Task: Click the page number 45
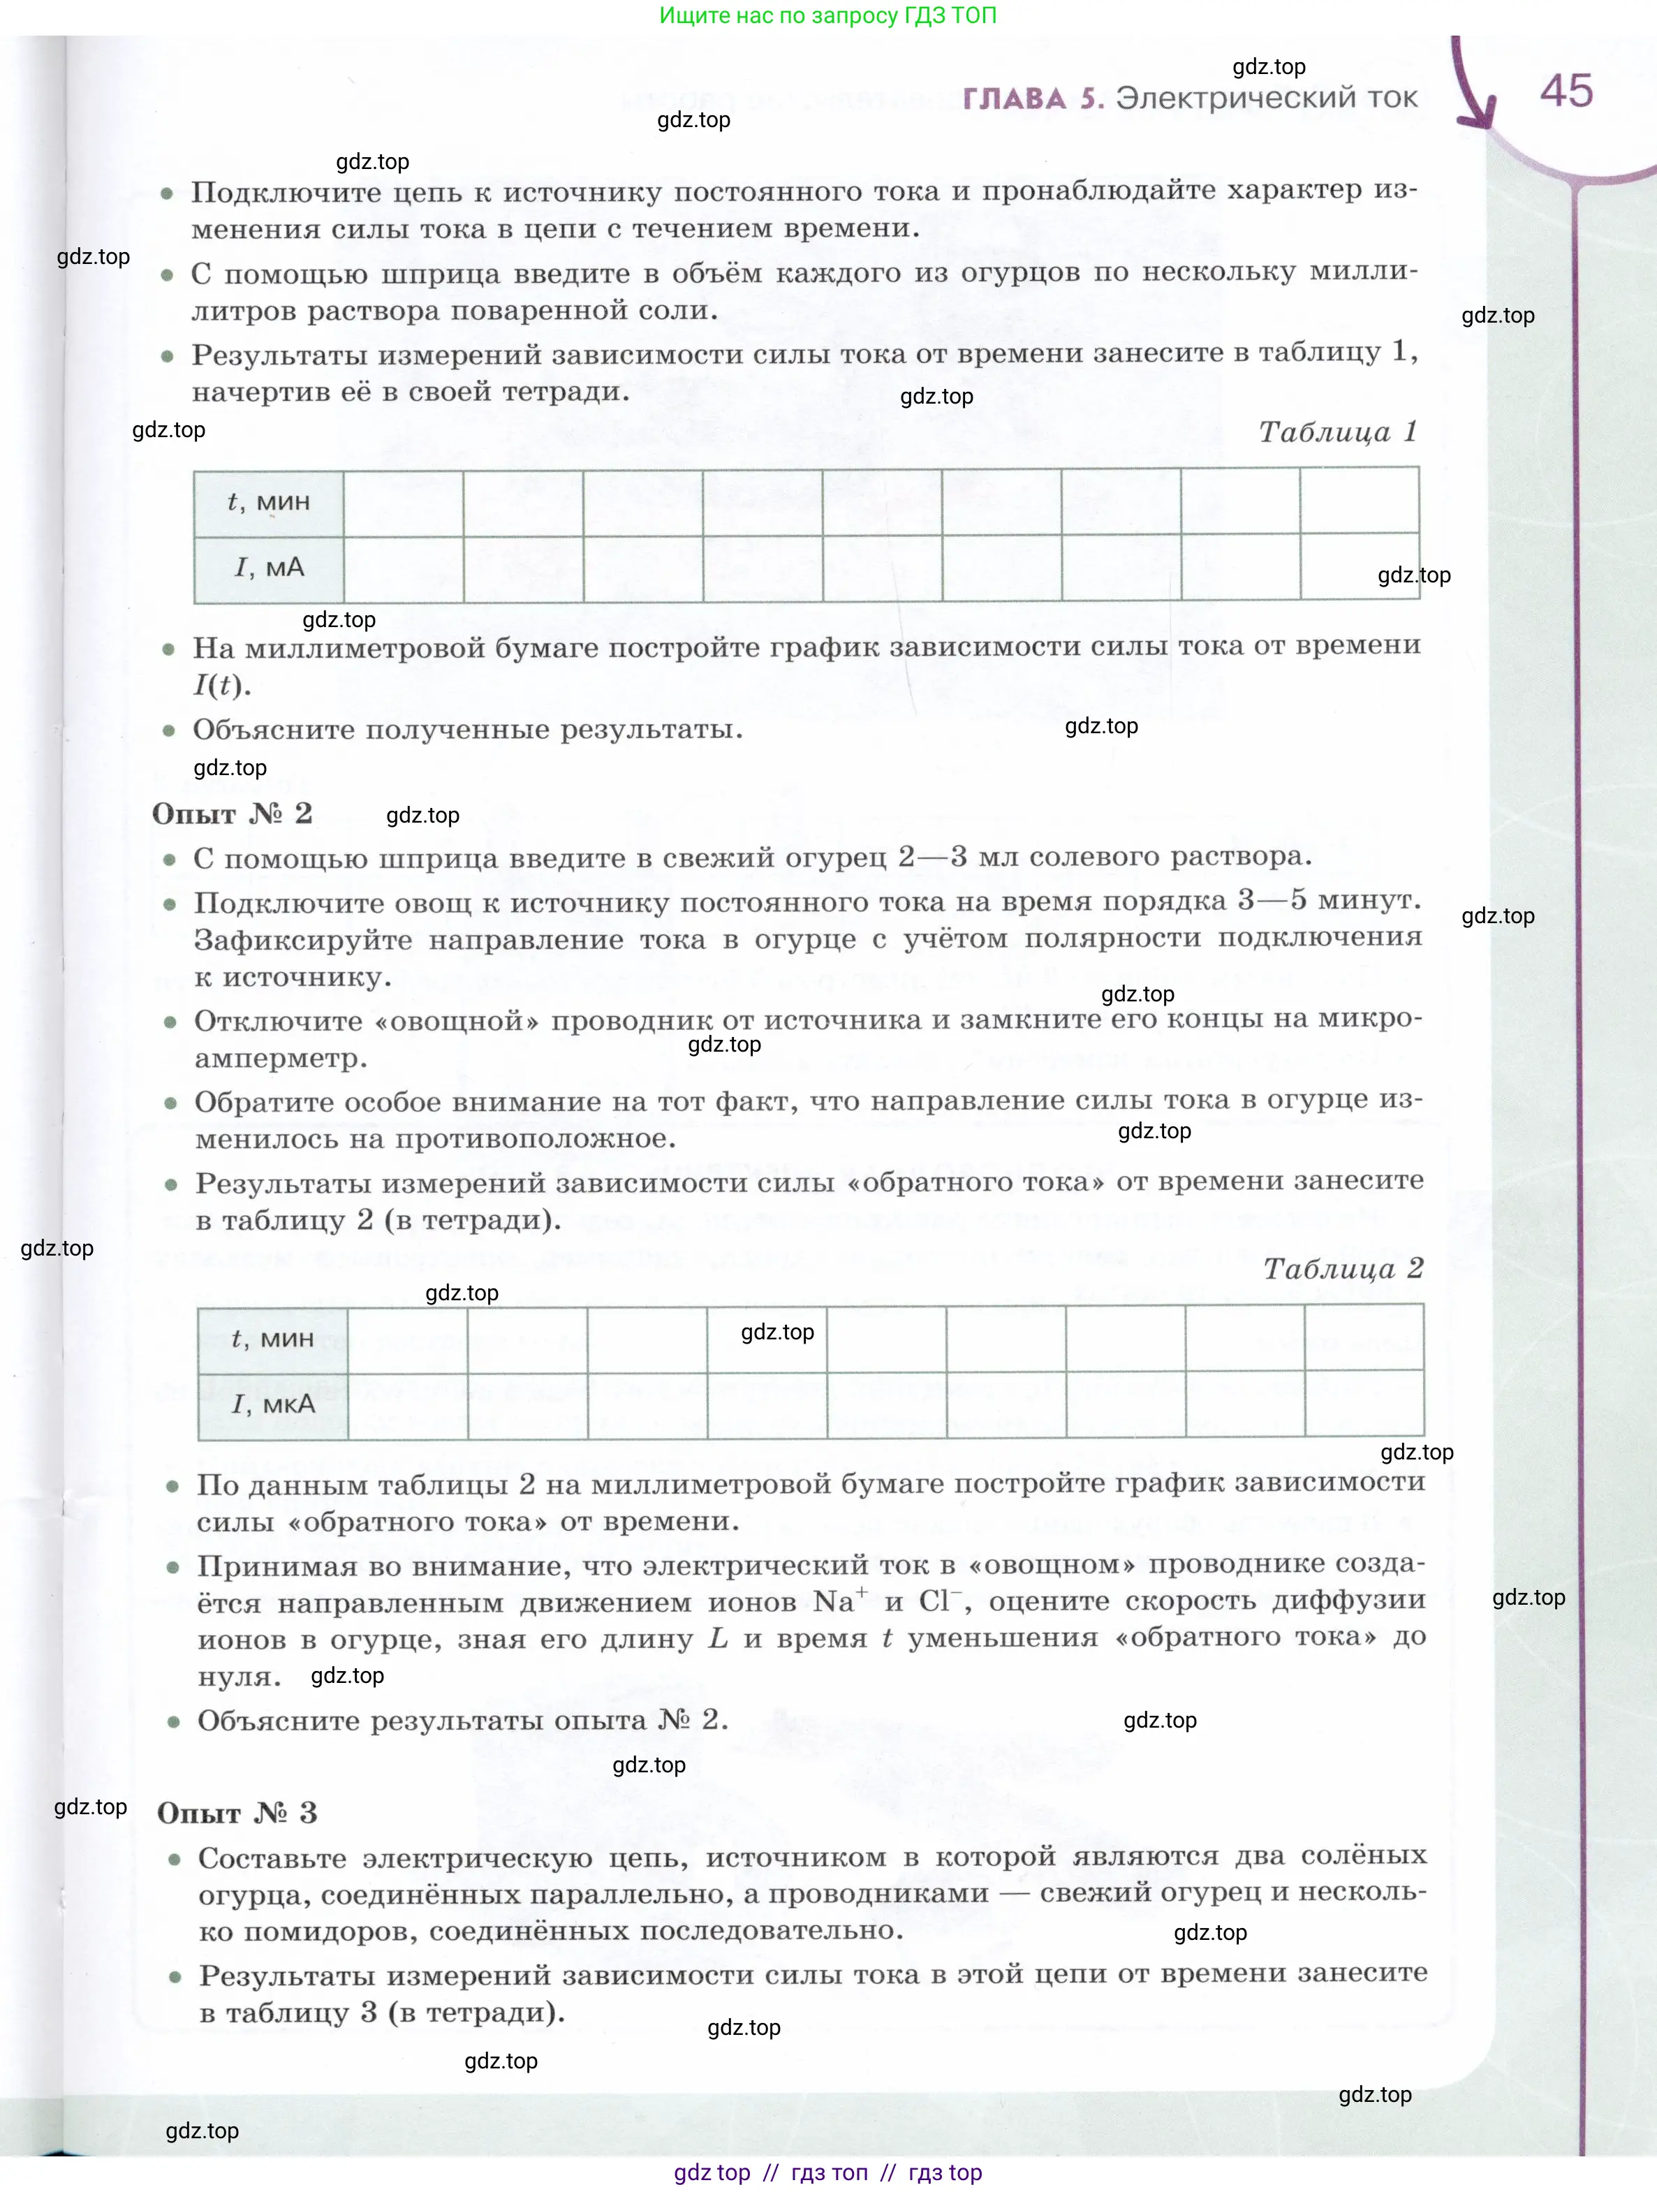coord(1566,91)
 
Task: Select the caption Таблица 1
coord(1338,432)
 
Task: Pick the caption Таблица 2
coord(1343,1268)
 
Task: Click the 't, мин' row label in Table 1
coord(269,502)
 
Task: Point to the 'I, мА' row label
coord(269,568)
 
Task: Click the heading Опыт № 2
coord(232,814)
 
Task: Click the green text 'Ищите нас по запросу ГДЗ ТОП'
coord(827,16)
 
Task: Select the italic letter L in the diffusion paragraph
coord(718,1639)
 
